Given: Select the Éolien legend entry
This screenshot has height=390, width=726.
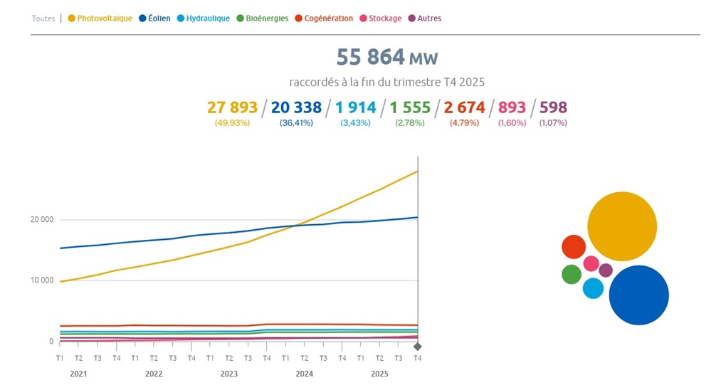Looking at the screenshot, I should [x=154, y=19].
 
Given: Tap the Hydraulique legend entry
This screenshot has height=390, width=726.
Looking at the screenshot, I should [x=204, y=19].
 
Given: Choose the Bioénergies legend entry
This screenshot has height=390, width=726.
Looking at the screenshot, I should [x=263, y=19].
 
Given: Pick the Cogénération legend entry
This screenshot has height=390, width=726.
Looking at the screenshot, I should [x=324, y=19].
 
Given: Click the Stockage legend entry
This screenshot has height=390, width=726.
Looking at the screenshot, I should [x=381, y=19].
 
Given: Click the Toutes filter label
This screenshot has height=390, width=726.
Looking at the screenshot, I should [x=43, y=19].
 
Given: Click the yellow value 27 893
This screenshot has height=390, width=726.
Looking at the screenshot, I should [x=232, y=107].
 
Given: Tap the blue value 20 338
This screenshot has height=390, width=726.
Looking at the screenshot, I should [x=296, y=107].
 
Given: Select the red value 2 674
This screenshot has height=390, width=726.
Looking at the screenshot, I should [x=465, y=107].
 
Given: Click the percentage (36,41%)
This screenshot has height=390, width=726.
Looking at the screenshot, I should [x=296, y=123].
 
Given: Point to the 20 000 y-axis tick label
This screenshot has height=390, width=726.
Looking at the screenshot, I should [x=42, y=219].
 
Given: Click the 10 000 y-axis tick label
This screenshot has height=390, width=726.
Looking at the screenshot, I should [x=42, y=280].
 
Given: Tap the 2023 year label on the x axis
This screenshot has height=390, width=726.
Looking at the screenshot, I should [x=229, y=374].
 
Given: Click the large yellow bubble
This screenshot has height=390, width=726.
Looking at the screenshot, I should [x=621, y=226].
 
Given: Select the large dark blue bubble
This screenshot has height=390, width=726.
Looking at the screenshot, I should [x=638, y=295].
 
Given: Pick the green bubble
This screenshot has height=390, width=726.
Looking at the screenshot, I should [x=572, y=274].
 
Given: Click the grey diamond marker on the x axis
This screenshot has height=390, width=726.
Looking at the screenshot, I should [x=418, y=347].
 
